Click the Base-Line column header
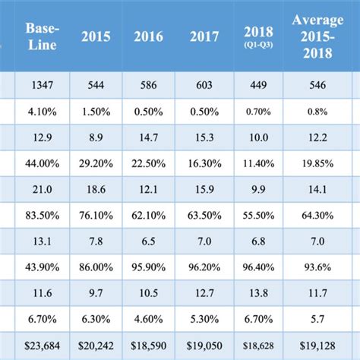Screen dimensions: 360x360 43,36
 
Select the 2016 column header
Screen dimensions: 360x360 149,36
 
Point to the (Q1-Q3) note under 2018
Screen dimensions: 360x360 258,46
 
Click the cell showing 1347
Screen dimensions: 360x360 43,85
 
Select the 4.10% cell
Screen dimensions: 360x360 43,111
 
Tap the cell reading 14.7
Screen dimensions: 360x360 149,137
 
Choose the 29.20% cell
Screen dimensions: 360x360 96,163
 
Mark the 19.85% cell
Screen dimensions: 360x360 318,163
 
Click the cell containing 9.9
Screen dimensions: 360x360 258,189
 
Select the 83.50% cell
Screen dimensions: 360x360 43,215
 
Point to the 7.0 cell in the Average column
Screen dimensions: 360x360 318,241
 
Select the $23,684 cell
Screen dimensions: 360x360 43,345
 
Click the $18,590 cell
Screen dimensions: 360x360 149,345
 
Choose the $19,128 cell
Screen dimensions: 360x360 318,345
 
